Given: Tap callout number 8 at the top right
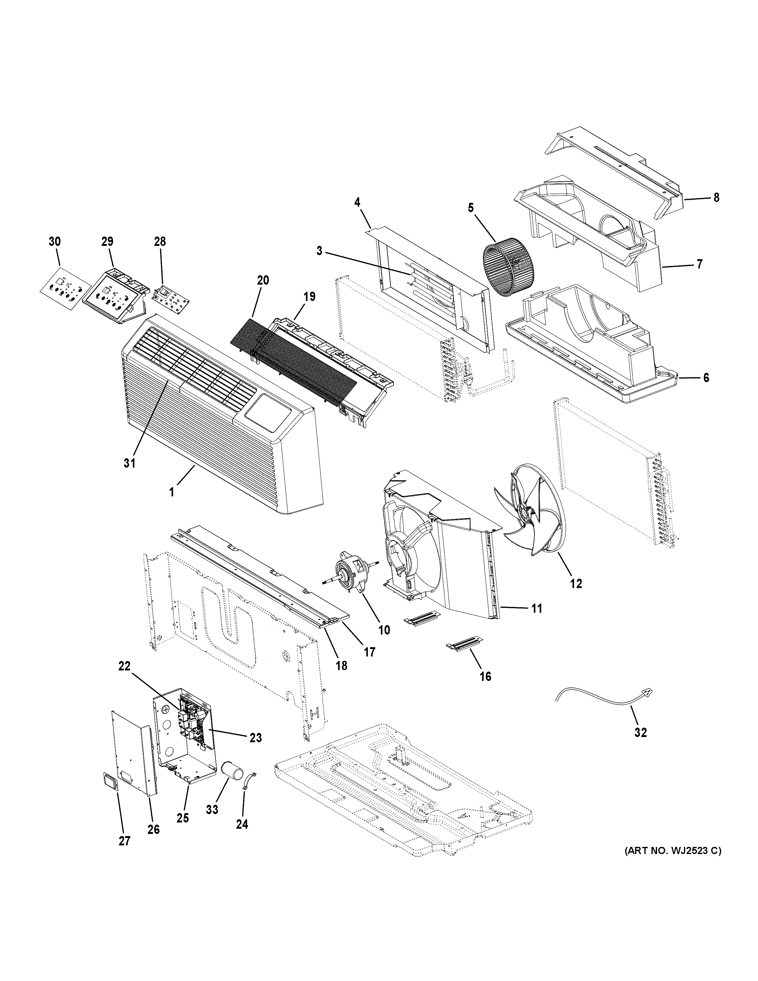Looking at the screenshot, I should [716, 197].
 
